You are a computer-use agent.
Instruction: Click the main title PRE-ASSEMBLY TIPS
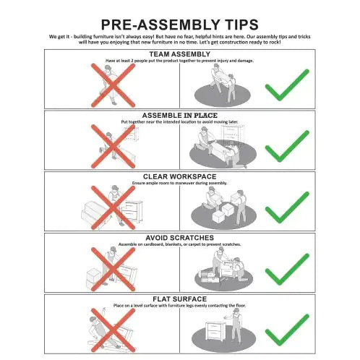tap(180, 25)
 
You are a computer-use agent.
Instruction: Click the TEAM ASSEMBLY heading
tap(180, 54)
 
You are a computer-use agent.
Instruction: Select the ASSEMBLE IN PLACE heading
tap(180, 115)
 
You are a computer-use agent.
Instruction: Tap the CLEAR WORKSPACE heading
tap(180, 176)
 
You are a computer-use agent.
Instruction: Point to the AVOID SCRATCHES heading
tap(180, 238)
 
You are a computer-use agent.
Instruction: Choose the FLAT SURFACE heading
tap(180, 299)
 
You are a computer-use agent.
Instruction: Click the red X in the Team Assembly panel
tap(113, 85)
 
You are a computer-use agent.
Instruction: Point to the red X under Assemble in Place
tap(113, 146)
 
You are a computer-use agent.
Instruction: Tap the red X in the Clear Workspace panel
tap(113, 207)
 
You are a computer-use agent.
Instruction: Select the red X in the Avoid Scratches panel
tap(113, 269)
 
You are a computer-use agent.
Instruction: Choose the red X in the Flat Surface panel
tap(113, 330)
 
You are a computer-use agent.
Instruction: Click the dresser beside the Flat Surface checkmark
tap(215, 330)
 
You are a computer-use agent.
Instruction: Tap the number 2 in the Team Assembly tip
tap(132, 61)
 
